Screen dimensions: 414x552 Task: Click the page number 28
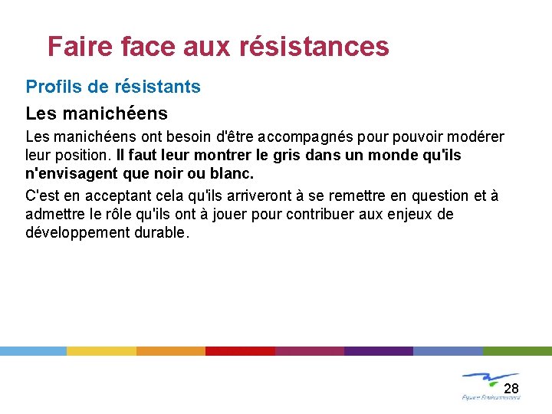(511, 388)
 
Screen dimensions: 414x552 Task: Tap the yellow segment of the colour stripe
(101, 350)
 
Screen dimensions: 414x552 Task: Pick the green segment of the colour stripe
(517, 350)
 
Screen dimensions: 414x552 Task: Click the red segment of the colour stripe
(240, 350)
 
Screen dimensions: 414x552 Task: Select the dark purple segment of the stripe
(378, 350)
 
